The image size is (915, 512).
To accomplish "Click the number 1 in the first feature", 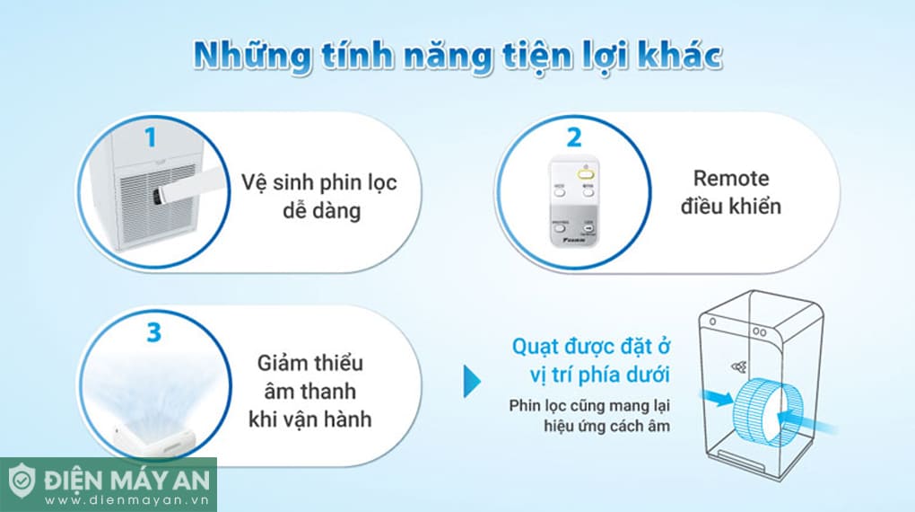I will tap(150, 137).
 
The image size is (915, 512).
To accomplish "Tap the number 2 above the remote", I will tap(573, 137).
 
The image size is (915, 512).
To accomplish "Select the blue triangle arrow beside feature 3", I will tap(471, 381).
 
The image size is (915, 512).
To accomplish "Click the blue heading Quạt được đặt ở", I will tap(592, 346).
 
